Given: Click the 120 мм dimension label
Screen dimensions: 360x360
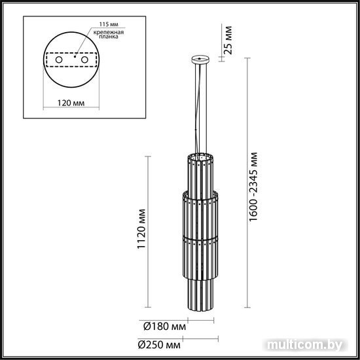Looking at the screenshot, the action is coord(71,103).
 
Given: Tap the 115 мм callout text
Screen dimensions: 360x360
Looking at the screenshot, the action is coord(109,24).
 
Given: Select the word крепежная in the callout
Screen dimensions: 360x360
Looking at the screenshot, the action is coord(109,32).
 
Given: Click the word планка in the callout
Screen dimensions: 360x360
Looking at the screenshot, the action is coord(108,37).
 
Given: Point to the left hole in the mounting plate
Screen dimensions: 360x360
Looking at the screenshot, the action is coord(59,60).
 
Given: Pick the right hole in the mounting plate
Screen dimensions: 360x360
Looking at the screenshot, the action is coord(84,60).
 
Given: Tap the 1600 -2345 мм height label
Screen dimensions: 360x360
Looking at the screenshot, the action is coord(253,187).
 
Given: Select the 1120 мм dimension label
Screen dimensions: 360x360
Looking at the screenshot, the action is coord(141,229).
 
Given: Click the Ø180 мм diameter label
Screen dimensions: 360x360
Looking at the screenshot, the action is coord(164,326).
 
